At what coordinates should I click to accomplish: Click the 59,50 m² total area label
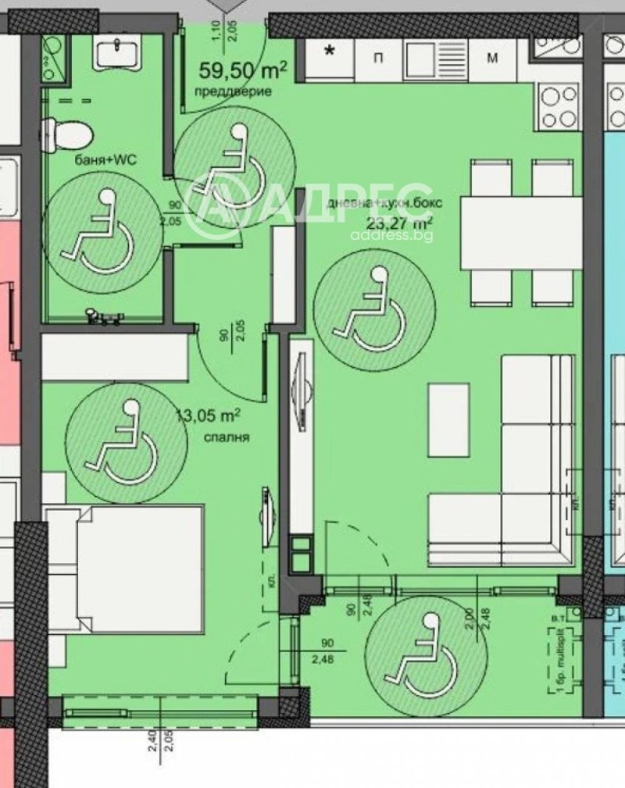(x=243, y=71)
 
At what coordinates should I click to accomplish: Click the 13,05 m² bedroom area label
(x=208, y=416)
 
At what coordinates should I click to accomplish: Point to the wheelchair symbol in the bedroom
(x=127, y=442)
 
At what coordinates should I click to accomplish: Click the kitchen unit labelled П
(x=377, y=57)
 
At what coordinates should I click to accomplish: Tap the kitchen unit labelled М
(x=493, y=57)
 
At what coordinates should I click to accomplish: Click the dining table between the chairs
(x=521, y=233)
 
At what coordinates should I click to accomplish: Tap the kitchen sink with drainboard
(x=437, y=57)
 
